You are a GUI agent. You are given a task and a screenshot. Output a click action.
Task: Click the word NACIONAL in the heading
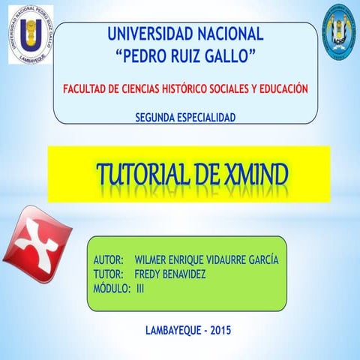coord(231,34)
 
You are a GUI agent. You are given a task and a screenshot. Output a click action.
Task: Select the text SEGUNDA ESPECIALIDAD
coord(185,117)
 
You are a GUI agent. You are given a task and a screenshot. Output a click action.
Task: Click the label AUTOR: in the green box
coord(108,260)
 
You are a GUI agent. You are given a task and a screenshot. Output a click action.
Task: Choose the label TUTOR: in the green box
coord(108,274)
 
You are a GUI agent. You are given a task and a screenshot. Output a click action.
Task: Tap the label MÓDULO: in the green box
coord(112,288)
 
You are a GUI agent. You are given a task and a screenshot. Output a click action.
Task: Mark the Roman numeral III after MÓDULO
coord(140,288)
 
